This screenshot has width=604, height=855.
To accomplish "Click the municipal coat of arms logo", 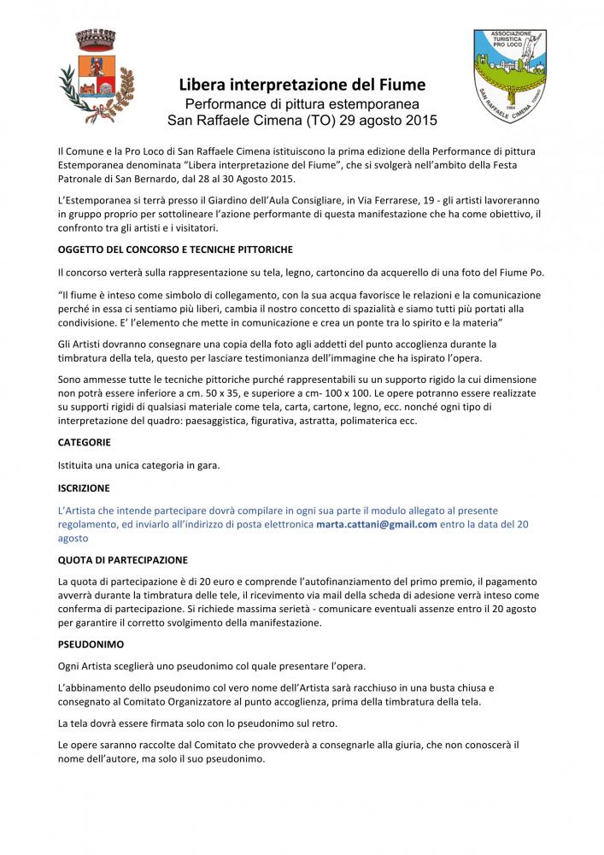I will (x=97, y=74).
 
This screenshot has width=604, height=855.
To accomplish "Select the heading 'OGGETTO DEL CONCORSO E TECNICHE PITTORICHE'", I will (x=175, y=249).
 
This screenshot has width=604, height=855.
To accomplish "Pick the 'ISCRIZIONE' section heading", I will (x=84, y=487).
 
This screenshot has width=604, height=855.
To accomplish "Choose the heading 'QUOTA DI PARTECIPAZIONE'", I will (x=122, y=560).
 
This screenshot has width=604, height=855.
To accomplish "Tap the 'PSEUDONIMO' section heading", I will (x=91, y=639).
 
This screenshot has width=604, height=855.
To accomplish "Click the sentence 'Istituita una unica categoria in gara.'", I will (x=138, y=465).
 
